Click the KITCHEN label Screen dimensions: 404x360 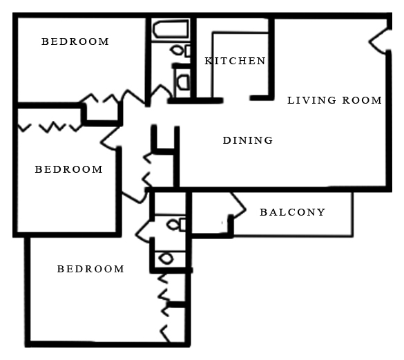[x=235, y=61]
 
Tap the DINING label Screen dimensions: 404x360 [x=248, y=140]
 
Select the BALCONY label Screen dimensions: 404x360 [x=292, y=212]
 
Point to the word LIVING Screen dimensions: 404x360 [x=311, y=100]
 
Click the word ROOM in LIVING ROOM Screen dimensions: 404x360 [x=362, y=100]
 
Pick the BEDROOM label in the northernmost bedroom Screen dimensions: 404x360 [x=75, y=41]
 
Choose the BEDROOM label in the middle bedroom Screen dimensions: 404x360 [x=69, y=169]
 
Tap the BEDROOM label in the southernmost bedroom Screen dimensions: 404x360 [x=90, y=269]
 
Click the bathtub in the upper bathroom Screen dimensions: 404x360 [x=171, y=30]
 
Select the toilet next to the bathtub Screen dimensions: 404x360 [x=180, y=50]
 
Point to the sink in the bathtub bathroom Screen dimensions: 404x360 [x=184, y=82]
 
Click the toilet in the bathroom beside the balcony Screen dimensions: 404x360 [x=176, y=225]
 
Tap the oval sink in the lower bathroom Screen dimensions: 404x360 [x=166, y=258]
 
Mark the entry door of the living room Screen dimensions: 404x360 [x=378, y=41]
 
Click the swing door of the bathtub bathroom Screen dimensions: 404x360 [x=160, y=93]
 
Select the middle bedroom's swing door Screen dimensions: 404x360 [x=110, y=139]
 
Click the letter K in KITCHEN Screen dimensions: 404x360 [x=208, y=61]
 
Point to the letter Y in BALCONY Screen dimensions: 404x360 [x=322, y=212]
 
